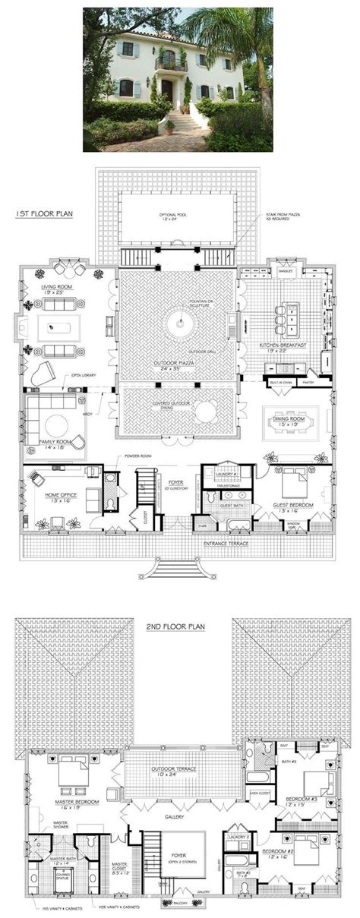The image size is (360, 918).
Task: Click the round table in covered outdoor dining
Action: pos(206,414)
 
